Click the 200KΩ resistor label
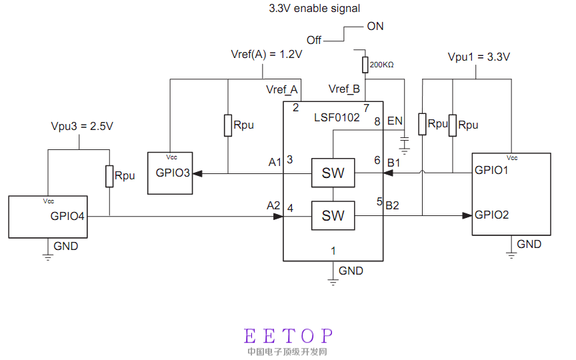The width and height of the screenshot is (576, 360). coord(381,65)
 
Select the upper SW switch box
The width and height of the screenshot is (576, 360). coord(333,173)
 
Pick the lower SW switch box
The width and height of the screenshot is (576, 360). coord(333,215)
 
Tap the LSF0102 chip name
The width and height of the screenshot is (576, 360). coord(337,117)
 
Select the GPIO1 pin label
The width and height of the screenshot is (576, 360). coord(492,170)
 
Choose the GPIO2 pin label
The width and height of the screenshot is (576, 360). coord(492,215)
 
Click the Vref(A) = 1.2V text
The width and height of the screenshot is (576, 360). coord(267,55)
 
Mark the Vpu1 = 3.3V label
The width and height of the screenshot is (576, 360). coord(479,57)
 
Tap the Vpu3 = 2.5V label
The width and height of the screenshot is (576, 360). coord(82,126)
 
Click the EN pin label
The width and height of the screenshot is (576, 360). coord(395,121)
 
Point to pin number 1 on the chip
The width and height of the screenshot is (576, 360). coord(333,251)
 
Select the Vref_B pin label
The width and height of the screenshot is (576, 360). coord(345,89)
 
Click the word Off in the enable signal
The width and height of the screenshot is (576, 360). coord(314,40)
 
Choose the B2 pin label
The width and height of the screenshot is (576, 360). coord(392,205)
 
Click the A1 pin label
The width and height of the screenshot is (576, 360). coord(275,162)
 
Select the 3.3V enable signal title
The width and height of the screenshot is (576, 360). coord(314,9)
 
